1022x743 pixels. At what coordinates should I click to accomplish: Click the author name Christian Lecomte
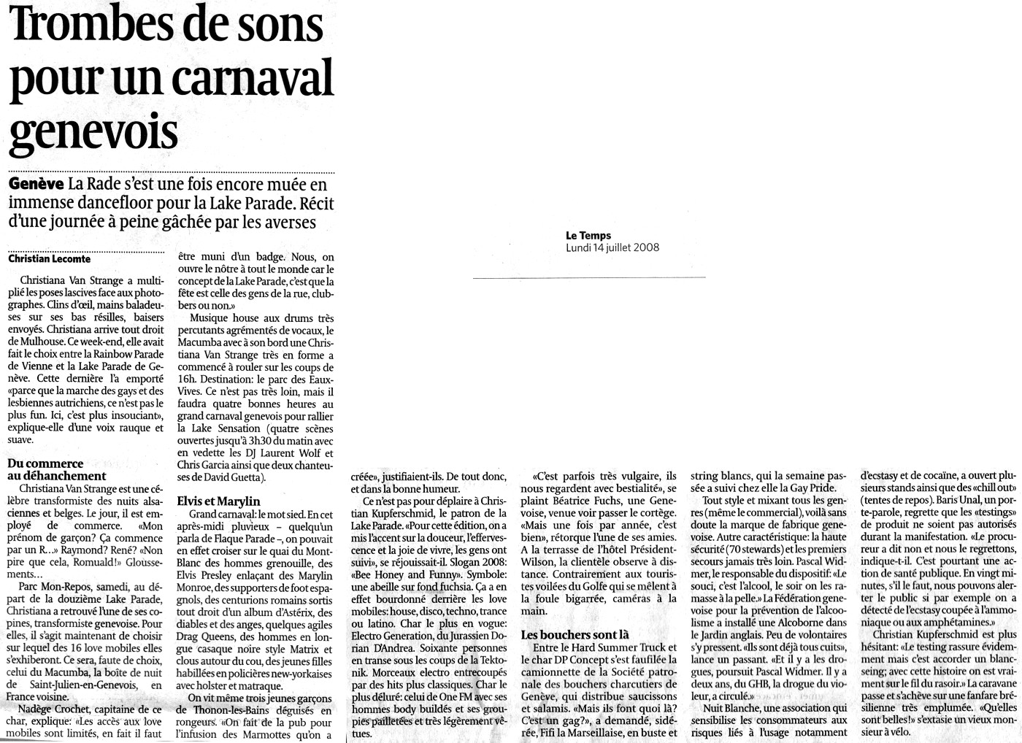pos(50,259)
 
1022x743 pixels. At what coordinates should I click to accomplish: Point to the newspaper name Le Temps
pos(588,235)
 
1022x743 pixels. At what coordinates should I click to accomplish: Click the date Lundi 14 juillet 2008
pos(612,247)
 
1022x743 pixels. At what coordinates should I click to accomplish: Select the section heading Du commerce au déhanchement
pos(56,469)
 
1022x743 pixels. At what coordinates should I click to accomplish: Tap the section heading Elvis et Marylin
pos(218,501)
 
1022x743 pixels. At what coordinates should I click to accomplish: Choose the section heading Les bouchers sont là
pos(575,634)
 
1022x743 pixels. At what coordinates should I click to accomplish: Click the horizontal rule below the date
pos(589,278)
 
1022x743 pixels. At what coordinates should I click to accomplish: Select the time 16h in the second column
pos(187,380)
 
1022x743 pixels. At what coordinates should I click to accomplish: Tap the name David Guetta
pos(229,477)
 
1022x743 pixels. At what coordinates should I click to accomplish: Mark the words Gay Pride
pos(811,488)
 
